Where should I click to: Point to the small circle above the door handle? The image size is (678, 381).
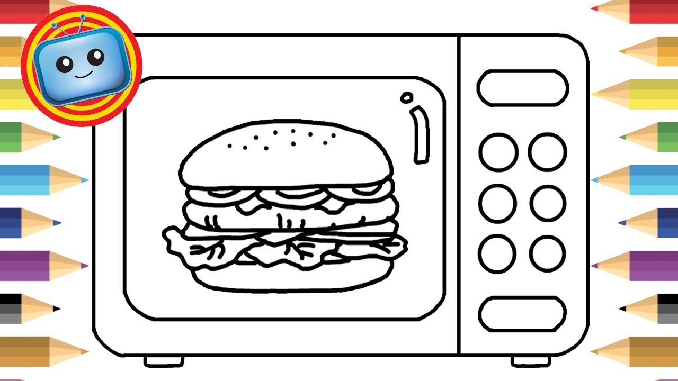point(407,97)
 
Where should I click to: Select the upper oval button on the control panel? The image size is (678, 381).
point(522,88)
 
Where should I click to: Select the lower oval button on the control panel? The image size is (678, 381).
point(522,314)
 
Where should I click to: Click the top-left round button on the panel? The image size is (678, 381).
point(498,152)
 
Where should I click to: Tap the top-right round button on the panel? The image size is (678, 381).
point(548,152)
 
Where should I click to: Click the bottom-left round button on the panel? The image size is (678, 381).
point(498,253)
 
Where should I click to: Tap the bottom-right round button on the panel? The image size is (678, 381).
point(548,253)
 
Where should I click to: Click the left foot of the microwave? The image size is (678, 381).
point(164,361)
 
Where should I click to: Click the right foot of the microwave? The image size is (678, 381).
point(530,361)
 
